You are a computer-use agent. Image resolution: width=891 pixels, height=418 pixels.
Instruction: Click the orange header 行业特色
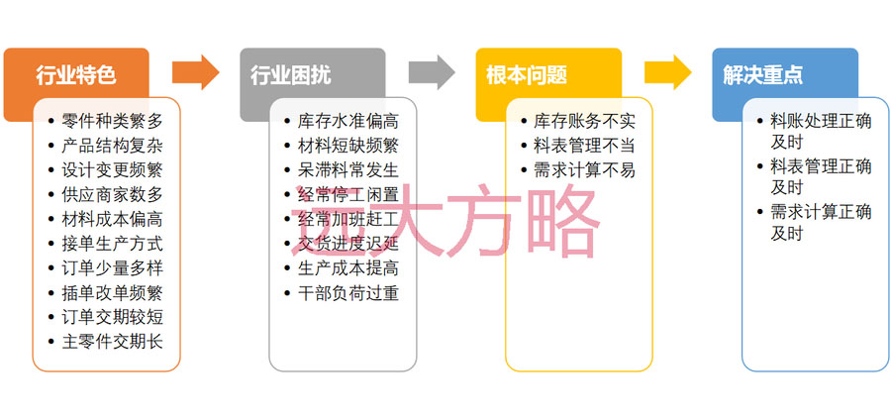(75, 75)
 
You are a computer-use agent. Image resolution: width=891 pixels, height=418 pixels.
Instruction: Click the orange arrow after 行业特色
(195, 72)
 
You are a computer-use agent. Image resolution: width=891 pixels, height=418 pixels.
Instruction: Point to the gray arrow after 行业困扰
(432, 72)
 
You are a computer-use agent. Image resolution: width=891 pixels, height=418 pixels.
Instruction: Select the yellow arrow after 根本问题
(668, 72)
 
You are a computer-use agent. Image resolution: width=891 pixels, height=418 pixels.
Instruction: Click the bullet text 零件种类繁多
(112, 122)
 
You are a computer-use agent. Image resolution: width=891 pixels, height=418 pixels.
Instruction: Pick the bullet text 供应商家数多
(112, 194)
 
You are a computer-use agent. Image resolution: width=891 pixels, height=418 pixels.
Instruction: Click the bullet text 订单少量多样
(112, 267)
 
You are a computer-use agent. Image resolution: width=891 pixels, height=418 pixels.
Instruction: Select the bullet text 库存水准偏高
(347, 122)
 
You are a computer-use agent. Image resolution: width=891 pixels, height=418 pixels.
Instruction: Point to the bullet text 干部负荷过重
(347, 293)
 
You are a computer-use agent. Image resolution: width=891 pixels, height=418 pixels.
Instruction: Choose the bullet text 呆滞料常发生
(347, 170)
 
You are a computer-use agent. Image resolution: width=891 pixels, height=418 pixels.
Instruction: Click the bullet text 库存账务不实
(584, 122)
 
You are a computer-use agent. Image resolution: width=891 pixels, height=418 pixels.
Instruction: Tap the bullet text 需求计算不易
(584, 170)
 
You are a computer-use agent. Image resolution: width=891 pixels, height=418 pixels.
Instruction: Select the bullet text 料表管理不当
(584, 146)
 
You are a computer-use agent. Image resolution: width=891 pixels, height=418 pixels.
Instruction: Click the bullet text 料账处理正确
(821, 122)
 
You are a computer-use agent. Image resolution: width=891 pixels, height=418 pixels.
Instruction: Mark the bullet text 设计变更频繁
(112, 170)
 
